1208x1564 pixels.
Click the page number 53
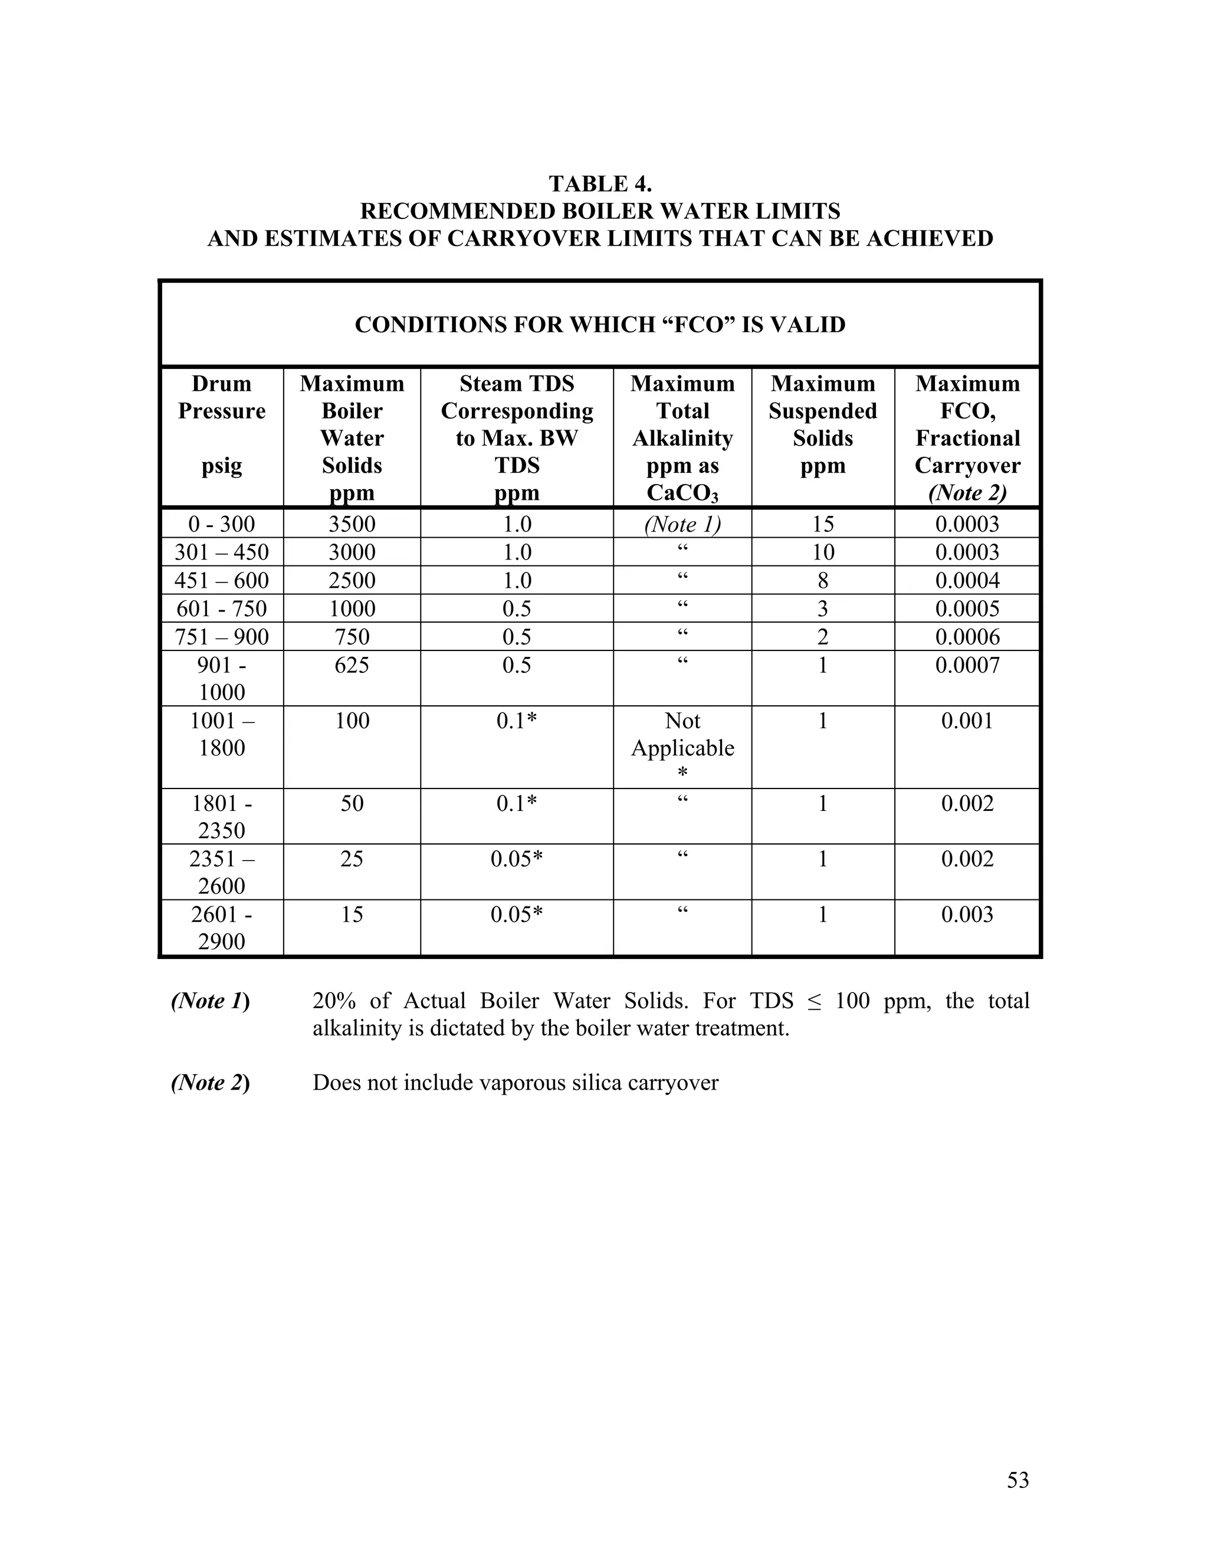point(1017,1480)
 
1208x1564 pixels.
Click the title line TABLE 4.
point(600,184)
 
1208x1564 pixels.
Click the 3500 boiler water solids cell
point(352,524)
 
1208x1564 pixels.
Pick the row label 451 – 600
point(221,580)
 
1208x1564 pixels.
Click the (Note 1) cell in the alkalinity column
point(682,524)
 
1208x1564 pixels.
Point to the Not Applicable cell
point(682,735)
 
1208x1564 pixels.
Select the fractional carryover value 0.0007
point(967,665)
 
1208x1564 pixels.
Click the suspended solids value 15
point(822,524)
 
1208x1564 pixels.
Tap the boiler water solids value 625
point(352,665)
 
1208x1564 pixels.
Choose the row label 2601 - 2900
point(221,927)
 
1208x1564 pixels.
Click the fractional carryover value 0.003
point(967,914)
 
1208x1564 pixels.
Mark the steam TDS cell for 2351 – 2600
point(516,859)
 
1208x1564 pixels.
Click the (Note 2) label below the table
point(211,1082)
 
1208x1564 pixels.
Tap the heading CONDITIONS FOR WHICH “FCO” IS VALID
point(600,325)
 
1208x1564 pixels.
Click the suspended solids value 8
point(822,580)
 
